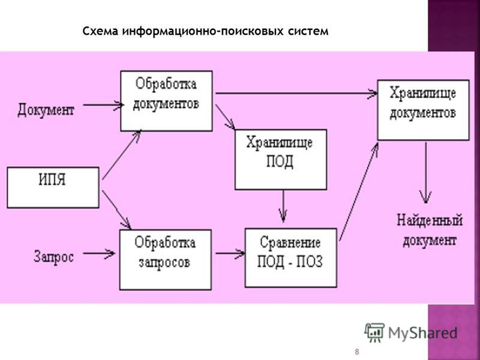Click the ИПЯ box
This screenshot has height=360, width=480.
[x=53, y=187]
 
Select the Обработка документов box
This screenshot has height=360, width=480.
[x=167, y=101]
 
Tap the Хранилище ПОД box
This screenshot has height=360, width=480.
[x=281, y=160]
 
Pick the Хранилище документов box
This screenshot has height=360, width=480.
[x=424, y=110]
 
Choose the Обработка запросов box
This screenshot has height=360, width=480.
[x=166, y=260]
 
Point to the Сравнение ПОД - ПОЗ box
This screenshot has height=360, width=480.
[x=291, y=258]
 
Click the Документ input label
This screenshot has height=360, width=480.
[x=46, y=110]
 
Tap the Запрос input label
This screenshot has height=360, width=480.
[x=53, y=257]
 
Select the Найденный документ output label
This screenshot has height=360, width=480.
[x=430, y=230]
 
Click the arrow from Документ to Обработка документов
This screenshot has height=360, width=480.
[x=103, y=105]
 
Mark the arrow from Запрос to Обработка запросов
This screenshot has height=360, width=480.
[x=99, y=253]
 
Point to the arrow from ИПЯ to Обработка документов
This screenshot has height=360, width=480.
[x=122, y=155]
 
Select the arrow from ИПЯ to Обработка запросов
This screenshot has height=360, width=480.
[x=116, y=209]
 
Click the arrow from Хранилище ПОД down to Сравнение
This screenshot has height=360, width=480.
[x=283, y=206]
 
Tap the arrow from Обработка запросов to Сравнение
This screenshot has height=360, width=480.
[x=230, y=253]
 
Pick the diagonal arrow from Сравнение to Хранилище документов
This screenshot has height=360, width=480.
[x=359, y=191]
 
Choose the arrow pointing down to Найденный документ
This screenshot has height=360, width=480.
[x=426, y=173]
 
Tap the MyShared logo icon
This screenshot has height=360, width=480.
[x=374, y=332]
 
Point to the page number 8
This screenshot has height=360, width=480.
[x=356, y=352]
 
